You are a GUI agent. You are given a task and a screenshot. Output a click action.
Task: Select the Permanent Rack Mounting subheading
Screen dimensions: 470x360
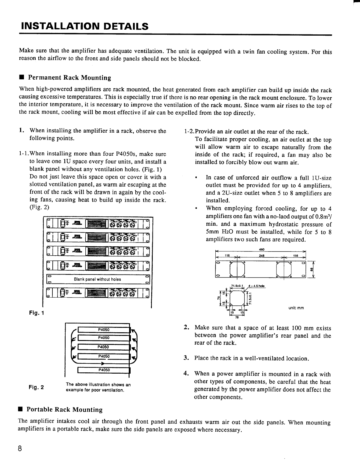coord(69,78)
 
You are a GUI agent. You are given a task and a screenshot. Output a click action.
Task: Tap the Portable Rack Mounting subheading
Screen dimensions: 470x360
coord(64,410)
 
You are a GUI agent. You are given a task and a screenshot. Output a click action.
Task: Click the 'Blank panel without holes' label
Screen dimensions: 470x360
coord(97,279)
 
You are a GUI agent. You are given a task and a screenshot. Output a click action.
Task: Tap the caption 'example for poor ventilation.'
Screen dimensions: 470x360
coord(94,390)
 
